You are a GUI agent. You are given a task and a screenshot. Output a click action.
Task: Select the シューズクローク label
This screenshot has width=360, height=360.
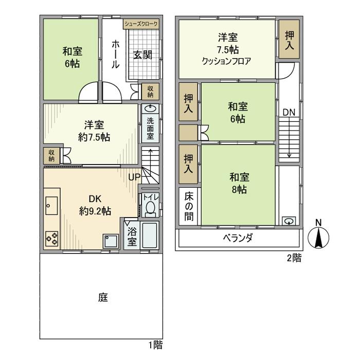pyautogui.click(x=141, y=24)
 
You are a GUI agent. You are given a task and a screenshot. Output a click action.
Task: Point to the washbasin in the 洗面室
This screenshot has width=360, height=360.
pyautogui.click(x=150, y=109)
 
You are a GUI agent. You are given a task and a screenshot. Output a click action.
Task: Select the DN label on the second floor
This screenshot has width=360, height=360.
pyautogui.click(x=288, y=112)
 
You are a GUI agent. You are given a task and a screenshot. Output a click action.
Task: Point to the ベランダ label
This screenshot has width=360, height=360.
pyautogui.click(x=237, y=238)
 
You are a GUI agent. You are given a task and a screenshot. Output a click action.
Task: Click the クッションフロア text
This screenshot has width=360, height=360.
pyautogui.click(x=226, y=60)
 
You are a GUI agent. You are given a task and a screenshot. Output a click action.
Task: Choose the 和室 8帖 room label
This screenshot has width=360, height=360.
pyautogui.click(x=239, y=183)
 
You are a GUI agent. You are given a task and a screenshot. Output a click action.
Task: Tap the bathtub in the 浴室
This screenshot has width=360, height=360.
pyautogui.click(x=150, y=237)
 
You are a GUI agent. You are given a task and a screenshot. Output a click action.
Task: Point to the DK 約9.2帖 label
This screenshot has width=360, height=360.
pyautogui.click(x=95, y=204)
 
